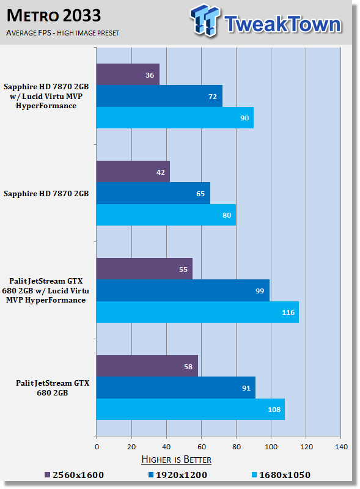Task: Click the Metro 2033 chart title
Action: [54, 16]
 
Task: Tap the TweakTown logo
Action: [266, 21]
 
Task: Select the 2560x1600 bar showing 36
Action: [128, 75]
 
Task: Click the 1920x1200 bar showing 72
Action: [160, 96]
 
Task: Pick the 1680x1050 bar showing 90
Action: [175, 117]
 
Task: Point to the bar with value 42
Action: [133, 172]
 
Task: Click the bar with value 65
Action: [153, 193]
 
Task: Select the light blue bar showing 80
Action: [166, 215]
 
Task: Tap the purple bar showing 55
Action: [144, 269]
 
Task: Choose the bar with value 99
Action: [183, 290]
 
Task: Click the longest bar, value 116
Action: [198, 312]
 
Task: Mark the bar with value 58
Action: [147, 366]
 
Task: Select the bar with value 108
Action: [191, 409]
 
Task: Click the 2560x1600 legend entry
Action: [74, 475]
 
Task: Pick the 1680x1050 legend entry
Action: [281, 475]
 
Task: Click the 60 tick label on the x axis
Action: [202, 447]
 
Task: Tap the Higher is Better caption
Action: [176, 460]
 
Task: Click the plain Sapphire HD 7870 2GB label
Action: [46, 194]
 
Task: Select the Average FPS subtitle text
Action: [63, 33]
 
